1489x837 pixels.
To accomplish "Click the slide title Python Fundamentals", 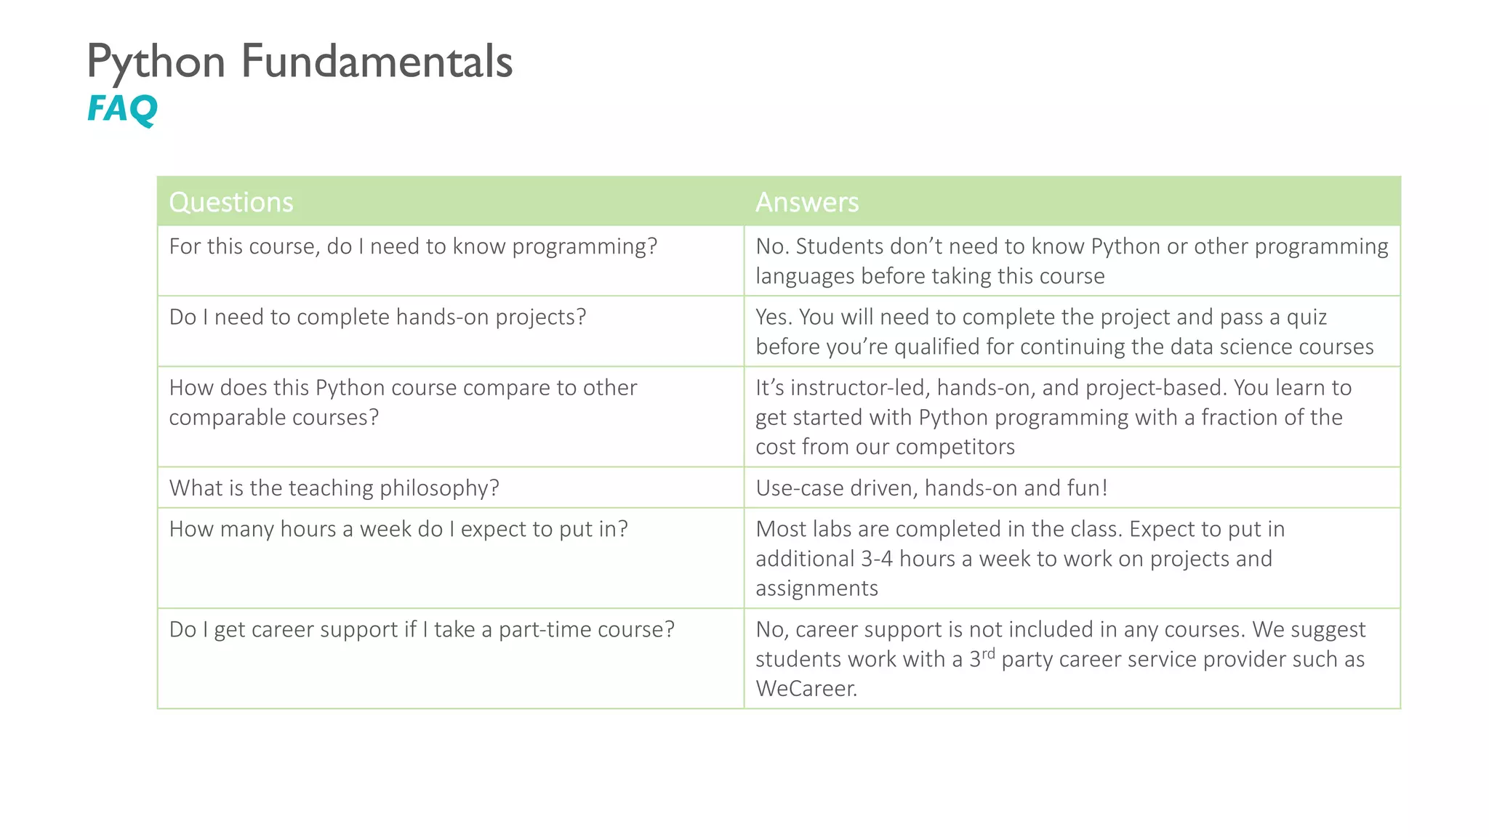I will point(300,61).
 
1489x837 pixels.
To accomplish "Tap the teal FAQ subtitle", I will point(122,109).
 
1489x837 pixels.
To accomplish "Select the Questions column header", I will point(231,202).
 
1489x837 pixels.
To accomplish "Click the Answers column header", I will point(807,202).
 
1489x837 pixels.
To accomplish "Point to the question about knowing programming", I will point(413,246).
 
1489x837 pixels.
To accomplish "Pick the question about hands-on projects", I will point(377,317).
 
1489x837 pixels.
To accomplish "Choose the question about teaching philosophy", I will point(334,488).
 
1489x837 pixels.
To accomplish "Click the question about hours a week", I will point(398,529).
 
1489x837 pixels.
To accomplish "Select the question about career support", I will point(422,629).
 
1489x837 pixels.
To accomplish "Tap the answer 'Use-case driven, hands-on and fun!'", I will point(931,488).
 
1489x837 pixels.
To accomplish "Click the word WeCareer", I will point(806,688).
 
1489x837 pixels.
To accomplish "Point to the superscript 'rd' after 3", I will point(987,653).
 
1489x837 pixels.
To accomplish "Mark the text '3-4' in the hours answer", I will point(877,559).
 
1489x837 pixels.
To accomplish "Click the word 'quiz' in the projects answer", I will point(1307,317).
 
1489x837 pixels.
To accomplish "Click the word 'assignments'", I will point(816,588).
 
